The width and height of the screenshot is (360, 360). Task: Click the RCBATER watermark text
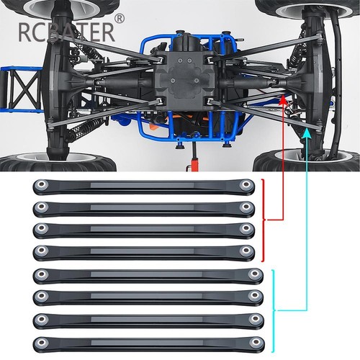pyautogui.click(x=66, y=32)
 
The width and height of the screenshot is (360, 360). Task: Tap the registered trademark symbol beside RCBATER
pyautogui.click(x=120, y=19)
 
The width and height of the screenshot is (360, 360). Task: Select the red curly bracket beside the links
pyautogui.click(x=264, y=220)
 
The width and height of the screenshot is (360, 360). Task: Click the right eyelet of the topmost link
pyautogui.click(x=246, y=184)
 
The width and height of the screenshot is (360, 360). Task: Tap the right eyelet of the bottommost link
pyautogui.click(x=255, y=341)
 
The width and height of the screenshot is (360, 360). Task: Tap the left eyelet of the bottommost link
pyautogui.click(x=42, y=341)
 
